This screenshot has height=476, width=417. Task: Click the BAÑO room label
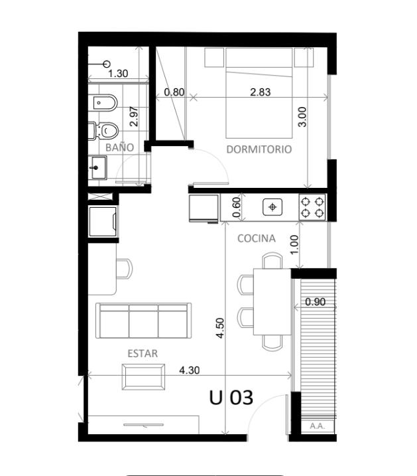pos(120,147)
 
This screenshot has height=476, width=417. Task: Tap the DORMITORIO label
pos(259,149)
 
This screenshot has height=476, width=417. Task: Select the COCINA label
pos(257,238)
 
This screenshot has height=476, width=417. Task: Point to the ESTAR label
pos(143,354)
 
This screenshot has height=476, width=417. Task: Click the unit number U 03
pos(231,398)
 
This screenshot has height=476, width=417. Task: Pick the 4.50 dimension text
pos(220,328)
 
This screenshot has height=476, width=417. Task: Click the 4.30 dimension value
pos(190,370)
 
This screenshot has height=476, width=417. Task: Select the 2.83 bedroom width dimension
pos(261,92)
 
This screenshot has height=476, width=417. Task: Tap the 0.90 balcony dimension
pos(315,302)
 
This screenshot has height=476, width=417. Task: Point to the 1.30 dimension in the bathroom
pos(118,74)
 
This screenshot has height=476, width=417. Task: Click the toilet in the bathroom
pos(103,131)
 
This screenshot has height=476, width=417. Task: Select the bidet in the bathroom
pos(103,103)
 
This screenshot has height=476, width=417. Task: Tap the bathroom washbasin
pos(97,167)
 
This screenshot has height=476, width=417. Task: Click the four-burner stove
pos(312,208)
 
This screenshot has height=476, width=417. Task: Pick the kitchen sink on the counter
pos(272,207)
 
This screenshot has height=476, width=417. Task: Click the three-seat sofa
pos(143,321)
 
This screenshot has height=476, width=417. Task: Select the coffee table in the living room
pos(143,377)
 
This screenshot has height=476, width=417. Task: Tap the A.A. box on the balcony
pos(318,426)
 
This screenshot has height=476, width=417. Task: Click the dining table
pos(272,302)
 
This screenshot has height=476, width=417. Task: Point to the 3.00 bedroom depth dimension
pos(302,117)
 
